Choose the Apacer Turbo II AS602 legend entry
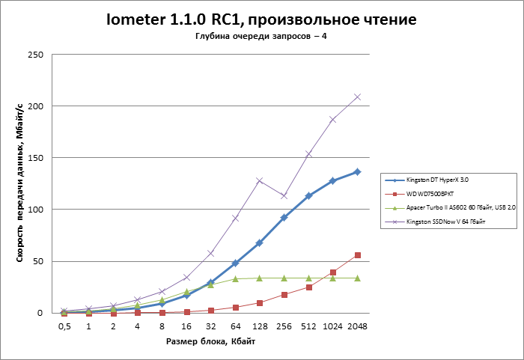point(460,207)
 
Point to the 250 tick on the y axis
point(34,55)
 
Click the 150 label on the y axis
point(34,158)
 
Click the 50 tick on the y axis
point(37,261)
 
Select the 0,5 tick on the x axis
point(64,327)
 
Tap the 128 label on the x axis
point(259,327)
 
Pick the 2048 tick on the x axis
point(357,327)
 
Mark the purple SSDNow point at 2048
point(357,97)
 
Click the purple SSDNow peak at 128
point(259,180)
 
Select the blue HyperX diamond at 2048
point(357,171)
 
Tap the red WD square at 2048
point(357,255)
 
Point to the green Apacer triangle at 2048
point(357,278)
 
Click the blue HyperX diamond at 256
point(284,218)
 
